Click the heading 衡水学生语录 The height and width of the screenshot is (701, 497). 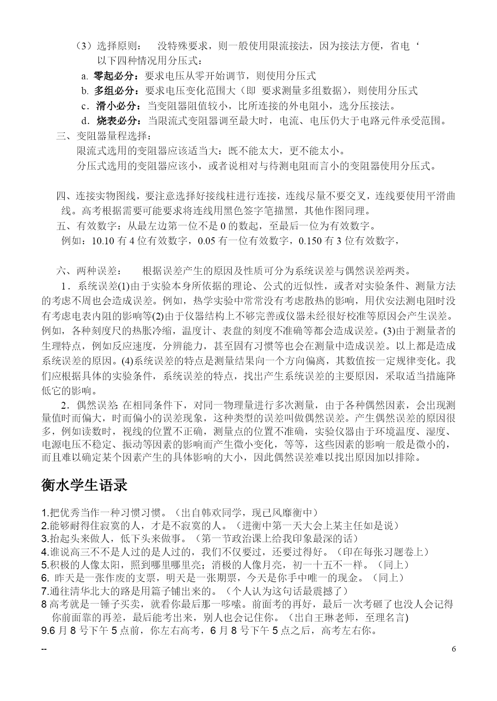pyautogui.click(x=84, y=485)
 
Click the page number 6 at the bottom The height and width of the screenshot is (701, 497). pyautogui.click(x=454, y=649)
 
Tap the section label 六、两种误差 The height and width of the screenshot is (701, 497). pyautogui.click(x=88, y=271)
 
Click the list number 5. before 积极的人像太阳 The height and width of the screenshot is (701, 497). pyautogui.click(x=45, y=565)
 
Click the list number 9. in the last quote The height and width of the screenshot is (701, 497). pyautogui.click(x=45, y=630)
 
